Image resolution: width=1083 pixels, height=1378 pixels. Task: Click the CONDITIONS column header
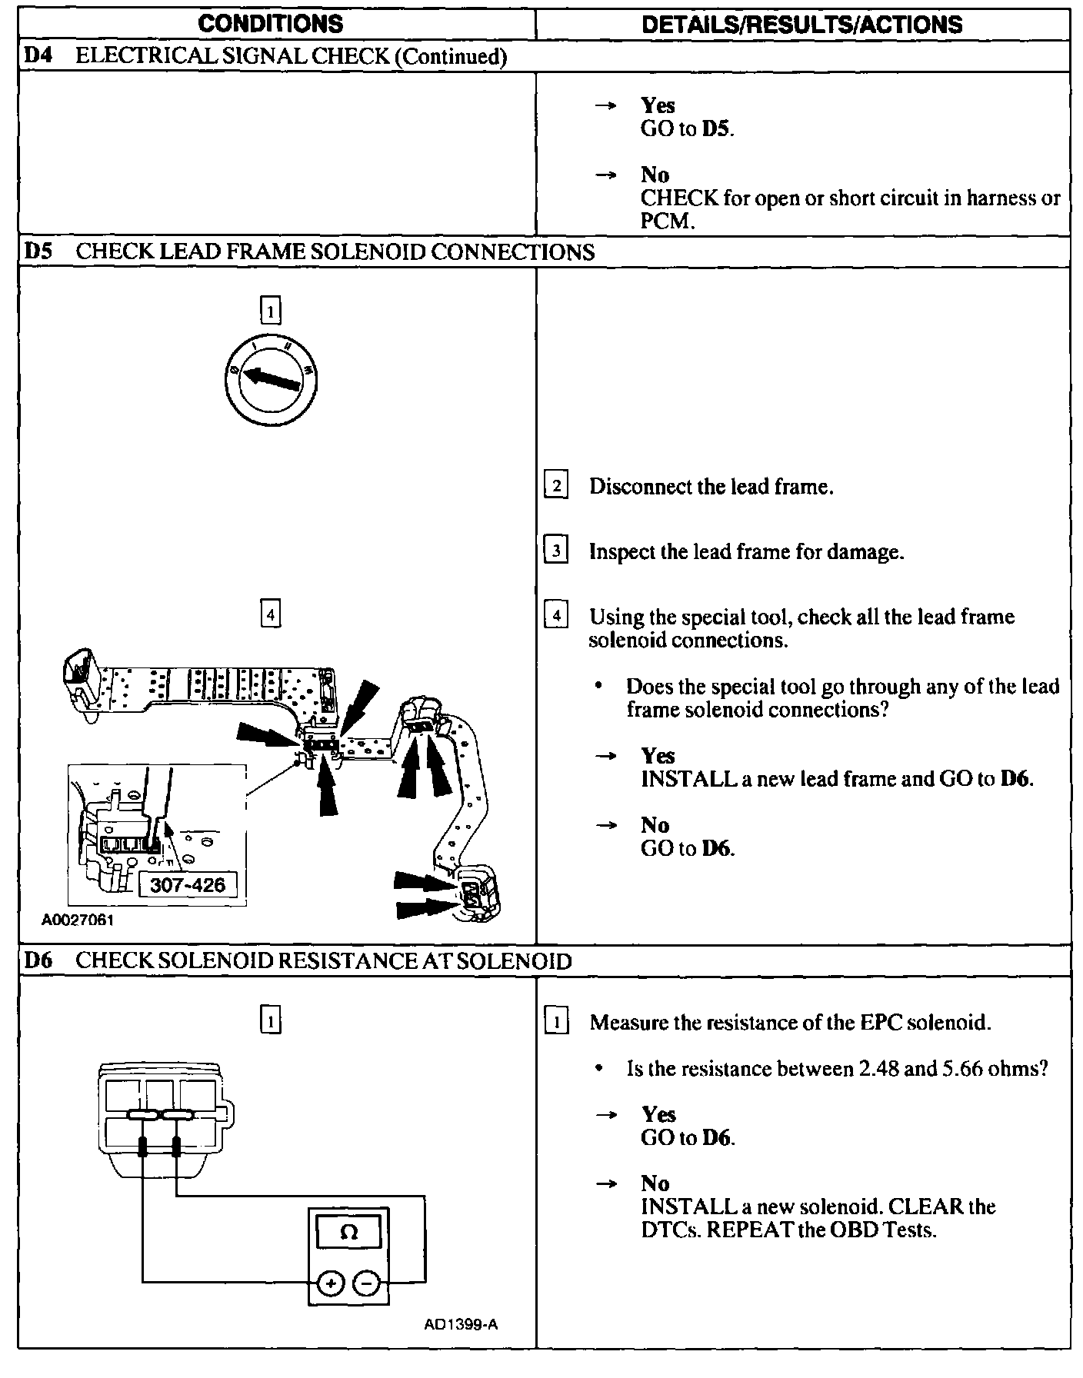(x=270, y=24)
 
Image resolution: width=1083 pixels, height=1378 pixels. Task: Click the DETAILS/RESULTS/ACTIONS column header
(x=801, y=25)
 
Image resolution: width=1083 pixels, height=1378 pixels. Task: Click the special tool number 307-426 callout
(x=188, y=884)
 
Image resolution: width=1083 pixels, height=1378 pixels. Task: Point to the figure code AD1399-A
(x=461, y=1324)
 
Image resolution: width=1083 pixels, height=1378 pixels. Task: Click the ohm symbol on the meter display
(x=348, y=1233)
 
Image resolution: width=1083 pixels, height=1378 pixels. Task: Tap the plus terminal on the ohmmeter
(x=331, y=1283)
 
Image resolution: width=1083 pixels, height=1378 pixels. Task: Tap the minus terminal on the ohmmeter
(x=367, y=1283)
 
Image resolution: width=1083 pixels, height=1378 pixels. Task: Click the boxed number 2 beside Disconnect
(x=556, y=487)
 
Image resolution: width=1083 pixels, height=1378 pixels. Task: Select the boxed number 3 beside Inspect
(x=556, y=552)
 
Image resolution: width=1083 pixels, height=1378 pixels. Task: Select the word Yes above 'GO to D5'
(x=658, y=105)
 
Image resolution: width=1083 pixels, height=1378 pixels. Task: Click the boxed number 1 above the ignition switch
(x=271, y=311)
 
